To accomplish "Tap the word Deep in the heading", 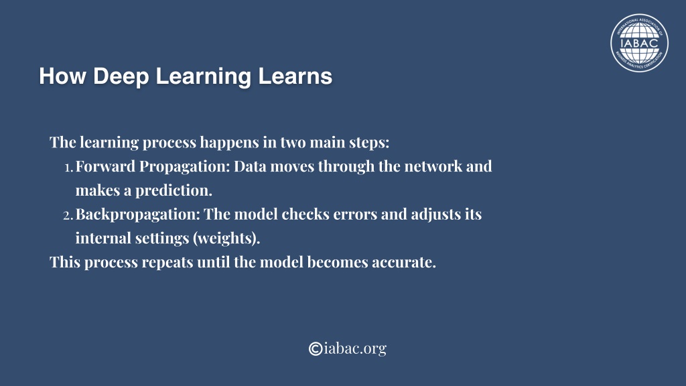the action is click(x=121, y=76).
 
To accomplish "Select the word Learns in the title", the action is click(x=295, y=76).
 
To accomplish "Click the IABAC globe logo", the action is click(x=639, y=43).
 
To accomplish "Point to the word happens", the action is click(x=229, y=142).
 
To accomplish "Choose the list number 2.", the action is click(x=68, y=215).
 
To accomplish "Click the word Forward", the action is click(x=105, y=166).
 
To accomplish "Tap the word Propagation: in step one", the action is click(x=185, y=167).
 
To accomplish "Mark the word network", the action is click(x=433, y=166).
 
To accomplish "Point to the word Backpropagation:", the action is click(x=138, y=215).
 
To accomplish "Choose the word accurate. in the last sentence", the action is click(x=404, y=263).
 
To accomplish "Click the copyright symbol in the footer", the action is click(x=316, y=348).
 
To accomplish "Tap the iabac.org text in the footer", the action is click(x=355, y=348).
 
